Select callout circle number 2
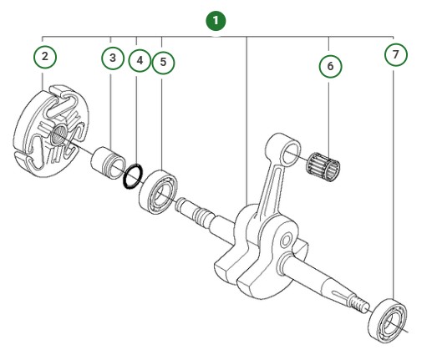coord(45,57)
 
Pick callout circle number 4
coord(138,60)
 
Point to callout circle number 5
coord(163,60)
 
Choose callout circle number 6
coord(330,64)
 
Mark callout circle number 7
coord(395,54)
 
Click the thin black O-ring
coord(129,179)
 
